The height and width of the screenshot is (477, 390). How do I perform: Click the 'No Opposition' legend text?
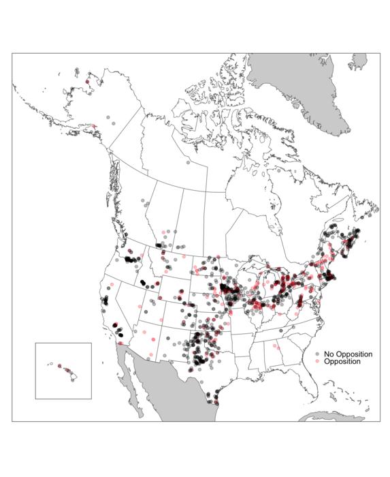coord(348,354)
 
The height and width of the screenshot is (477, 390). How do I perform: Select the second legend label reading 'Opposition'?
coord(342,361)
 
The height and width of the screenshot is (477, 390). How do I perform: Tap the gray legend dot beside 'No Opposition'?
coord(318,354)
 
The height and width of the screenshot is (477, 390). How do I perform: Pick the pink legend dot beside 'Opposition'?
coord(318,361)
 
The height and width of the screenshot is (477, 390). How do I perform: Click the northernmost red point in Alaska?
coord(87,82)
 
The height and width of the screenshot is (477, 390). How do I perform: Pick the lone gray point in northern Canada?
coord(187,162)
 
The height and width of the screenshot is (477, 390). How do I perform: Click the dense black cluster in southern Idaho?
coord(144,281)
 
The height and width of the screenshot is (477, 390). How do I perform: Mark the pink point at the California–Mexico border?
coord(120,343)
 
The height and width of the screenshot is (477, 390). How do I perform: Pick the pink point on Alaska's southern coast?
coord(93,125)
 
